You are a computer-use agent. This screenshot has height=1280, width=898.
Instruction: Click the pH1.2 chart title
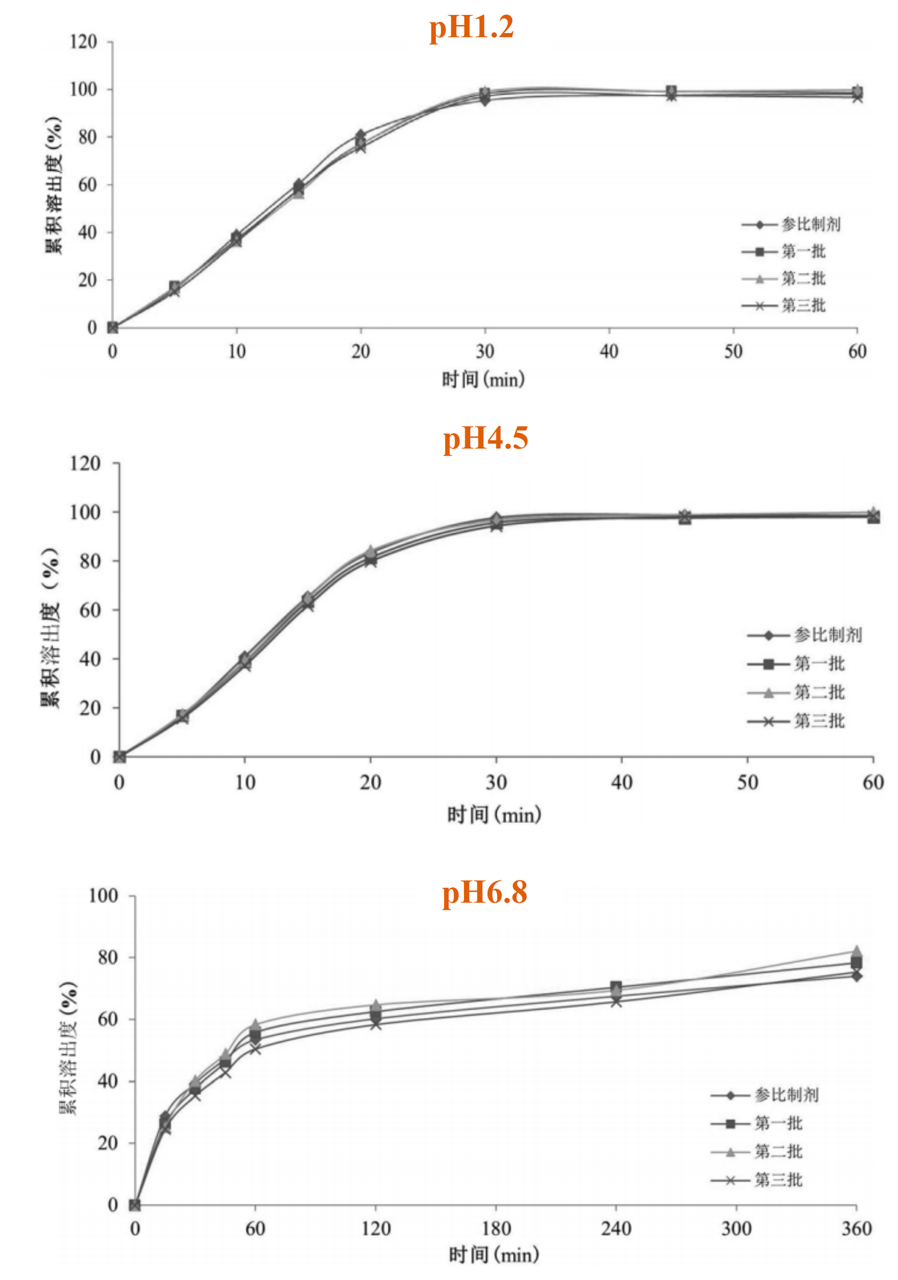pos(471,28)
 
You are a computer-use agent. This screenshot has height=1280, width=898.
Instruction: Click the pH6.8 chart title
pos(485,893)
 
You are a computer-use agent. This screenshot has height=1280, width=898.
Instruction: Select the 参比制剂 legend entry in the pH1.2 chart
pos(791,224)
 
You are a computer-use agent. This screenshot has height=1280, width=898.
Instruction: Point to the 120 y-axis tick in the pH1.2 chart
pos(84,42)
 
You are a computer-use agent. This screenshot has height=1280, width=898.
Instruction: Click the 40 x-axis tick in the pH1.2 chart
pos(609,352)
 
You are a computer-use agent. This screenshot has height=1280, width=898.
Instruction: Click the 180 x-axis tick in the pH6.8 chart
pos(496,1229)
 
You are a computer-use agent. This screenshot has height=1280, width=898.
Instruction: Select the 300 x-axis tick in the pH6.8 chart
pos(736,1229)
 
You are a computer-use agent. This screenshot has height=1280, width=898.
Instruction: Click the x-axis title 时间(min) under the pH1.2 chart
pos(483,379)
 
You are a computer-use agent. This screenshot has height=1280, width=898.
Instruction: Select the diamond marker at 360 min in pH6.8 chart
pos(856,976)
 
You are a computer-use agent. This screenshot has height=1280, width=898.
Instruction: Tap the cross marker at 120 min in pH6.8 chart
pos(375,1024)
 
